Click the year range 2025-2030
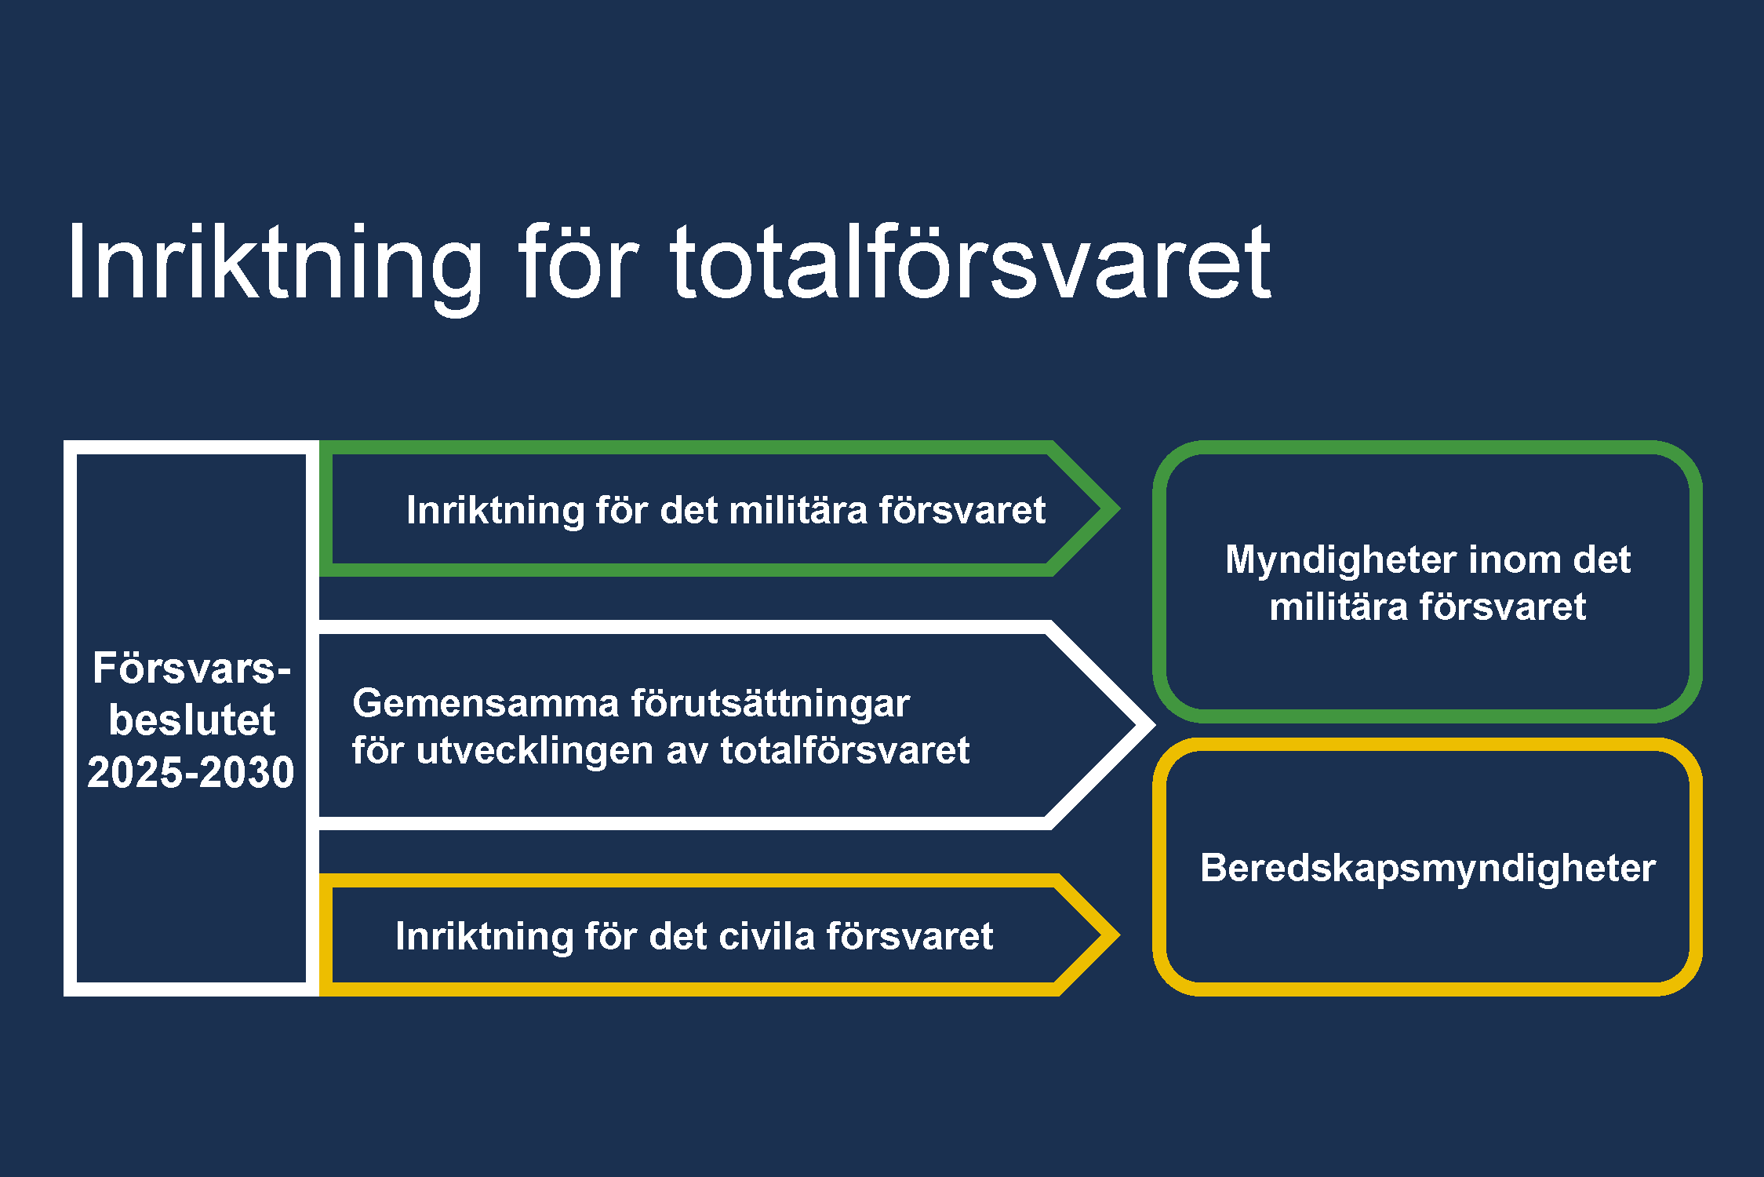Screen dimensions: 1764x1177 click(191, 772)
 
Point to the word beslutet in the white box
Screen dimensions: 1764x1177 click(192, 720)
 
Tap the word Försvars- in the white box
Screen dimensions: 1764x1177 click(192, 668)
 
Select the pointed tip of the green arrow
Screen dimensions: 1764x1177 click(1119, 508)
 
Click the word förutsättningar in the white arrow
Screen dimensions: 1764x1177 click(771, 705)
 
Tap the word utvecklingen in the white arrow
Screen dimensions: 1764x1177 click(535, 752)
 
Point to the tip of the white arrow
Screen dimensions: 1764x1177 click(1155, 725)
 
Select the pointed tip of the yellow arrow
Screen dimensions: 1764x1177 click(1119, 934)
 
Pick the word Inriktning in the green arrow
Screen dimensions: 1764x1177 click(496, 512)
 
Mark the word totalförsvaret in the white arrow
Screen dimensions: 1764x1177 click(846, 750)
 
